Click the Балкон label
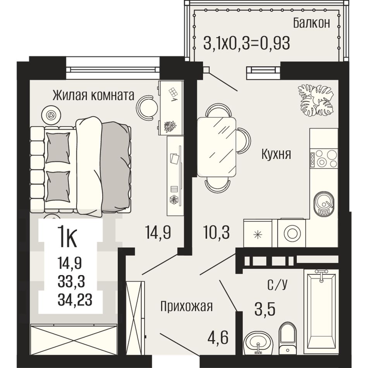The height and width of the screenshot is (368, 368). [311, 23]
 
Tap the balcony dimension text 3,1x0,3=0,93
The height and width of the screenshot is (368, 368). [246, 43]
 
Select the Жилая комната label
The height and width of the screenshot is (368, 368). [93, 95]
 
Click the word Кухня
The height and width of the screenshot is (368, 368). [276, 154]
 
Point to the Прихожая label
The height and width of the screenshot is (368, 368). [187, 306]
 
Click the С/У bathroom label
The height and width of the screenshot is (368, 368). [277, 284]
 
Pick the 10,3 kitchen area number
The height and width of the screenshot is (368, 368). [217, 232]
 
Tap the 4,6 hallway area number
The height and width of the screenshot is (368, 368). [218, 337]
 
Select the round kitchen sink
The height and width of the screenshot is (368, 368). [323, 203]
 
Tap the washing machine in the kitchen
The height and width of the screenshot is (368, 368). [292, 233]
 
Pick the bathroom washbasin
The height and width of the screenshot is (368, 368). [258, 342]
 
